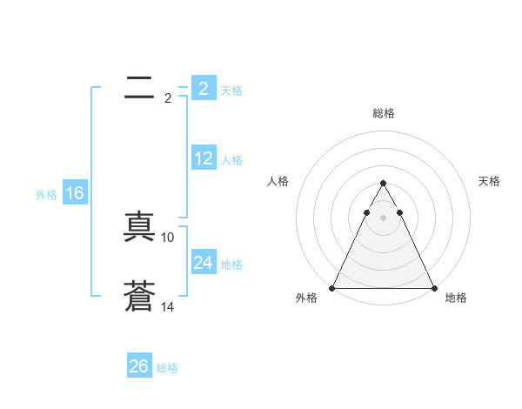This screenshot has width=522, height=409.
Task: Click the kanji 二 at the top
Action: (139, 88)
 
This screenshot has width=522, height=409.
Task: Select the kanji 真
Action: (139, 227)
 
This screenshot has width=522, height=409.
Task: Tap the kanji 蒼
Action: (139, 297)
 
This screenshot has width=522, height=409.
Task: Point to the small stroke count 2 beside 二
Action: (167, 98)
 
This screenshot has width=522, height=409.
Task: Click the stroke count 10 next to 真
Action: (168, 237)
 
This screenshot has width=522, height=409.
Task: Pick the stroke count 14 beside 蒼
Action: (168, 306)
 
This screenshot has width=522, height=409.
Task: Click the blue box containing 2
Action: (203, 89)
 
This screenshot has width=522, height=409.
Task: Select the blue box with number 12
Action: (203, 158)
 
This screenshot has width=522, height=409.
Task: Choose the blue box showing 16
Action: (75, 193)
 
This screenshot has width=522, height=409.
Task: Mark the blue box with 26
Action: (139, 366)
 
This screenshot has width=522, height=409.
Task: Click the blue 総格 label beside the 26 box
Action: (167, 368)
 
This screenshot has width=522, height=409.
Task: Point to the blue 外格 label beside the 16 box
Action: (46, 195)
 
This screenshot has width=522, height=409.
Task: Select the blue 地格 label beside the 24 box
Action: (231, 264)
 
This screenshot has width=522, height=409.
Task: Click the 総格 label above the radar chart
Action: (383, 113)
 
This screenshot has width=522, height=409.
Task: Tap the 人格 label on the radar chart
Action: (278, 181)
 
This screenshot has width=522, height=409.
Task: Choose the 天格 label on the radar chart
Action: (489, 181)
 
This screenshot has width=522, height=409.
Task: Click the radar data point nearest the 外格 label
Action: (332, 287)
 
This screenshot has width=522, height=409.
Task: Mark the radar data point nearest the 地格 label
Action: (433, 287)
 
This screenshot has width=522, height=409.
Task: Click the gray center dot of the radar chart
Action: (383, 216)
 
